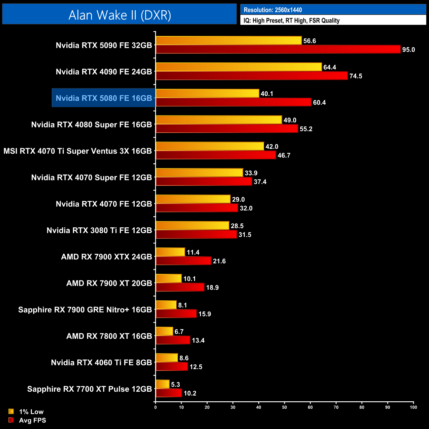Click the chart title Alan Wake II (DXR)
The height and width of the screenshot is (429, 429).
(119, 15)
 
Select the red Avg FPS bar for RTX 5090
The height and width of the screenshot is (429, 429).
(278, 49)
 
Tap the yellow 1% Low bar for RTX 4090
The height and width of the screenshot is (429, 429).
(239, 67)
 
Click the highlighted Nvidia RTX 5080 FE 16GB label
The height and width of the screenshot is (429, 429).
(104, 98)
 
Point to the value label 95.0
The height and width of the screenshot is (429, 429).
(408, 50)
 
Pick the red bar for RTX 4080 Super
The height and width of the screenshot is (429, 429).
(227, 129)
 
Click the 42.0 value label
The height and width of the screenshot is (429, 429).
(272, 147)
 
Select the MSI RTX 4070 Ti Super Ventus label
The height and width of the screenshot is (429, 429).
(78, 151)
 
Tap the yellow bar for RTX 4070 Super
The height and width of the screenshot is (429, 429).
(199, 173)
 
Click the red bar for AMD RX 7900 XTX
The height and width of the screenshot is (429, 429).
(183, 261)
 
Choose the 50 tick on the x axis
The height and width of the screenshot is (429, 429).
(284, 407)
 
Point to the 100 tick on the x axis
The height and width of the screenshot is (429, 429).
(413, 407)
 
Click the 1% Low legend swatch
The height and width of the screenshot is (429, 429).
(11, 412)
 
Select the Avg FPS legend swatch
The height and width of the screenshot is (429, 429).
(11, 420)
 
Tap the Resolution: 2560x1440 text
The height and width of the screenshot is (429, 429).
(273, 10)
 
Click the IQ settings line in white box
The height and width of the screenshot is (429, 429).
(291, 20)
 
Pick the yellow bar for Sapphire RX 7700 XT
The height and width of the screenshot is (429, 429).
(162, 384)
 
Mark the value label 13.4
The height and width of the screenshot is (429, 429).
(198, 341)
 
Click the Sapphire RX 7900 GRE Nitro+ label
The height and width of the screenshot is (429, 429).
(85, 310)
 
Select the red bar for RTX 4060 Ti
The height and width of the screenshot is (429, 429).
(172, 367)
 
